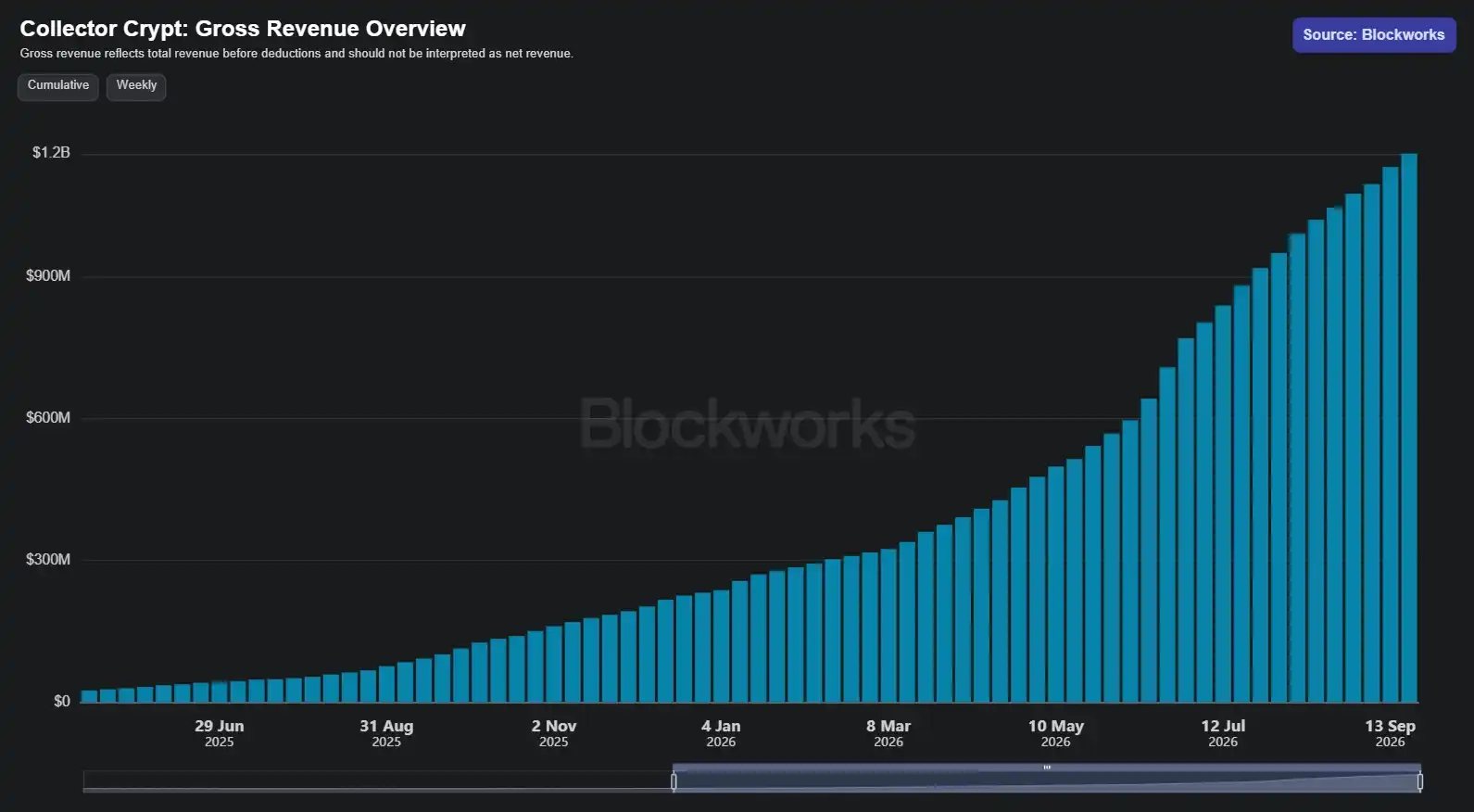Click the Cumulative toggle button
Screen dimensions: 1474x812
tap(58, 86)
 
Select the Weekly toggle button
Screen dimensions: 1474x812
tap(136, 86)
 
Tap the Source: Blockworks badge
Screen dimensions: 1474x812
tap(1374, 35)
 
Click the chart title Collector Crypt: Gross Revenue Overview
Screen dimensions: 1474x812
tap(243, 29)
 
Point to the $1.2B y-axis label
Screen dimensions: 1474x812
tap(51, 153)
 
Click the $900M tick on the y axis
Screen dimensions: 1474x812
tap(48, 276)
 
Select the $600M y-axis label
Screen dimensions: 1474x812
tap(48, 417)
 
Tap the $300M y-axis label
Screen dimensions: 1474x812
tap(48, 560)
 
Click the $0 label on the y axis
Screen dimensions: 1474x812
tap(62, 702)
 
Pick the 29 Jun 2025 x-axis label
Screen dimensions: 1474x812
tap(220, 733)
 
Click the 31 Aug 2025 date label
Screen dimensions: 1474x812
tap(386, 733)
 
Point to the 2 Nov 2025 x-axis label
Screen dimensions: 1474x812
tap(553, 733)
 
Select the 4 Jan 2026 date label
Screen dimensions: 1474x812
tap(721, 733)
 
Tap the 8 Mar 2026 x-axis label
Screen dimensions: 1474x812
tap(888, 733)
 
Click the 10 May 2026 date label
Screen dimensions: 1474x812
tap(1055, 733)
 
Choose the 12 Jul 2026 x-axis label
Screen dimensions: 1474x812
tap(1223, 733)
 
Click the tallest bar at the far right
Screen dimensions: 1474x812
tap(1409, 428)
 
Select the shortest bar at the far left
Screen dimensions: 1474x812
tap(89, 697)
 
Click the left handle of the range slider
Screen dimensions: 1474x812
tap(674, 781)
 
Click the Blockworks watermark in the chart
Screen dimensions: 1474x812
tap(747, 424)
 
